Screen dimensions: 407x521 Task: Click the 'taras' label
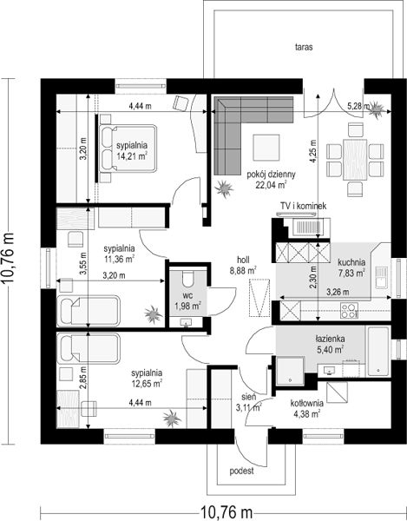[304, 47]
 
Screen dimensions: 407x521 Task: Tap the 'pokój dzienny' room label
[271, 175]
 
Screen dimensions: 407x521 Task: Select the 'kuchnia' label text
[351, 262]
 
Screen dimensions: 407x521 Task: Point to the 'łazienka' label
[330, 339]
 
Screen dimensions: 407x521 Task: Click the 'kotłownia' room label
[306, 404]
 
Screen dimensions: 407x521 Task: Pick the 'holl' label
[243, 260]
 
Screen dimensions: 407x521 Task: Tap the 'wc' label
[187, 295]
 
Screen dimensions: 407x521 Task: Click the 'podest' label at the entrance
[241, 471]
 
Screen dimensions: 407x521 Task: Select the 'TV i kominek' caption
[304, 206]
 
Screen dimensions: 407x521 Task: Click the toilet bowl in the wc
[188, 278]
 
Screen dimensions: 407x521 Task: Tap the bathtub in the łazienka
[378, 352]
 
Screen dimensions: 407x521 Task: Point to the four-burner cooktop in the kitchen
[350, 311]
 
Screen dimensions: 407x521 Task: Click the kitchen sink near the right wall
[381, 277]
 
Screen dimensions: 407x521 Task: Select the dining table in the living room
[355, 160]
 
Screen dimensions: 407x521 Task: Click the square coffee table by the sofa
[266, 148]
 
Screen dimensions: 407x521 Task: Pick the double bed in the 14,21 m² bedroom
[128, 148]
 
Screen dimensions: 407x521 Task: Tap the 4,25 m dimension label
[313, 151]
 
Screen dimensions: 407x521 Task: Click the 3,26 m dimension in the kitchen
[338, 293]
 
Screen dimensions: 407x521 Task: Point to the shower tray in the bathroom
[290, 371]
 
